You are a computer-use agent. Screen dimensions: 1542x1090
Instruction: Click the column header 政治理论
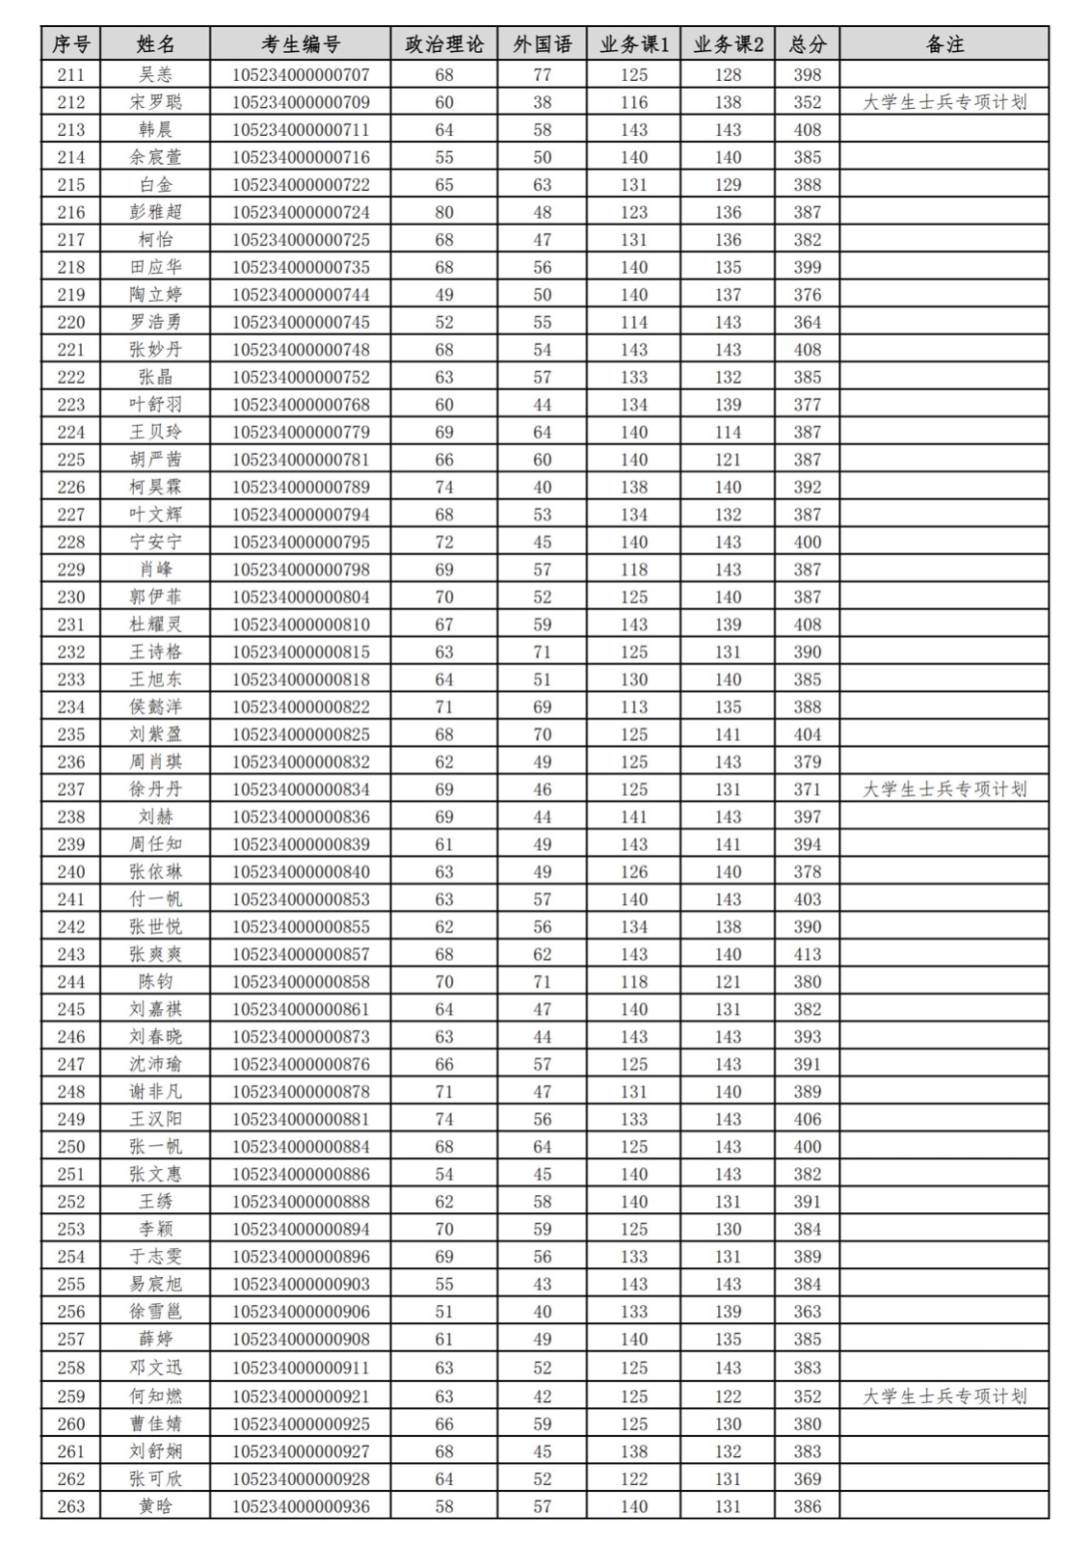[444, 44]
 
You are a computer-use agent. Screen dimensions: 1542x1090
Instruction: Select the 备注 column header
[944, 44]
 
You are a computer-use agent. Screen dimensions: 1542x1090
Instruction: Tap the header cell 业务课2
[728, 44]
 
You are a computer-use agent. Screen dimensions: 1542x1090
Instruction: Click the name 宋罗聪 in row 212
[155, 102]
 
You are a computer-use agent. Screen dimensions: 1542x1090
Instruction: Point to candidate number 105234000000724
[301, 212]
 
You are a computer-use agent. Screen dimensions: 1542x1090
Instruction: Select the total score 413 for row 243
[807, 954]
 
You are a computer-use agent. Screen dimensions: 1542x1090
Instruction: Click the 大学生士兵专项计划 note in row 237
[944, 789]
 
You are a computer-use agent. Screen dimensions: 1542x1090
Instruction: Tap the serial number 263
[71, 1506]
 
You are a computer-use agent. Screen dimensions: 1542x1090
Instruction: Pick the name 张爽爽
[155, 954]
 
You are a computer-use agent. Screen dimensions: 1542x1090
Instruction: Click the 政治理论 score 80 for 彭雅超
[444, 212]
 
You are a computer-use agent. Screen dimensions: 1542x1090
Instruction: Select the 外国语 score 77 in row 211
[543, 74]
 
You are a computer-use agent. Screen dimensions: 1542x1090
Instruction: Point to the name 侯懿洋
[155, 706]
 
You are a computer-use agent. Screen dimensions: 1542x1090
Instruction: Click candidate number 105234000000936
[301, 1506]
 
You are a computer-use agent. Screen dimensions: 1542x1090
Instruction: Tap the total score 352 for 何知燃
[807, 1396]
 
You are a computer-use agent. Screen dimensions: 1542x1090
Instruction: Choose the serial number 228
[71, 542]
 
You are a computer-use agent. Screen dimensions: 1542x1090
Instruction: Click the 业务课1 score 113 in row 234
[634, 706]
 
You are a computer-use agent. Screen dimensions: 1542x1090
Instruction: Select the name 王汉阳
[155, 1119]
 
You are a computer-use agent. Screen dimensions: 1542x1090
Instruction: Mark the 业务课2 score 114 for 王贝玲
[728, 432]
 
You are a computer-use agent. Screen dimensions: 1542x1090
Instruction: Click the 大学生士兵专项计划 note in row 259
[944, 1396]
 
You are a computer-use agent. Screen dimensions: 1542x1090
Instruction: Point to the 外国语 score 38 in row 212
[543, 102]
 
